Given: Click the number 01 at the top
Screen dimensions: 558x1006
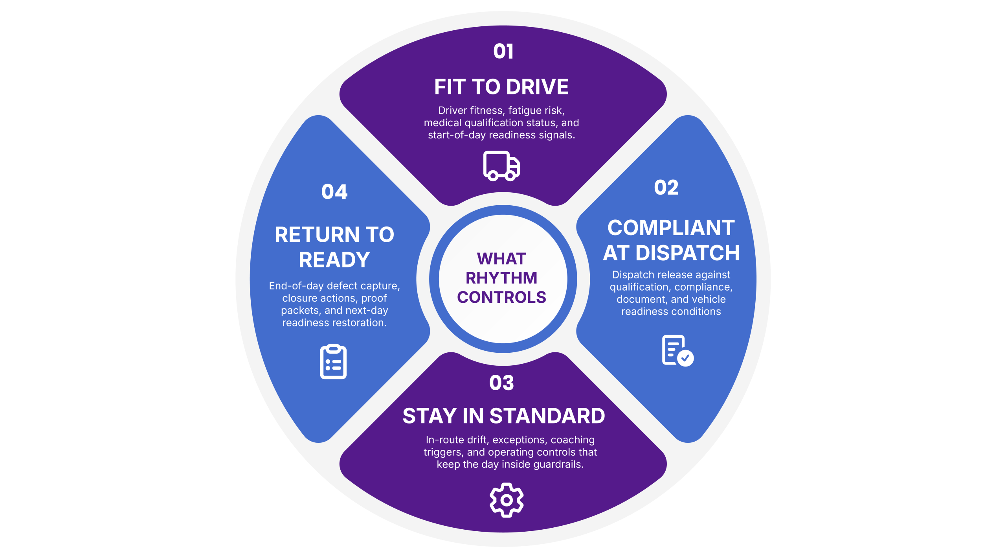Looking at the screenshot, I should coord(503,52).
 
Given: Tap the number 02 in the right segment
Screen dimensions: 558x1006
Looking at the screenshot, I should coord(666,188).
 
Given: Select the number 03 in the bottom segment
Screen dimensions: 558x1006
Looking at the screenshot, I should coord(501,383).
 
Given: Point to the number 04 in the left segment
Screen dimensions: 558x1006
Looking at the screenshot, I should coord(334,192).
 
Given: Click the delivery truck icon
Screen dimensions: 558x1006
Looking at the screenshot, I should coord(501,166).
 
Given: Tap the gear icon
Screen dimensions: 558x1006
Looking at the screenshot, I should coord(507,500).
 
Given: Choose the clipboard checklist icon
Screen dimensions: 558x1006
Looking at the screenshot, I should coord(333,361).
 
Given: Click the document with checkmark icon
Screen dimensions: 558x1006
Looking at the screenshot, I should coord(677,350).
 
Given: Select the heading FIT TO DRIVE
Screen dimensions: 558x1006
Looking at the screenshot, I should coord(501,87).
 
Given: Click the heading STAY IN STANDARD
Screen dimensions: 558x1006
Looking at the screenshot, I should coord(504,416).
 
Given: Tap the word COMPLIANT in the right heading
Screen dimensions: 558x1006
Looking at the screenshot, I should coord(671,228).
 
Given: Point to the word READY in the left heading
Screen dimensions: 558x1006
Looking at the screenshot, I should coord(334,260).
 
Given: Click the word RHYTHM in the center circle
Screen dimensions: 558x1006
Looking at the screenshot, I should coord(501,278).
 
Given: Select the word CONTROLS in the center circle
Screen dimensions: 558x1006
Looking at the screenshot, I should coord(501,297).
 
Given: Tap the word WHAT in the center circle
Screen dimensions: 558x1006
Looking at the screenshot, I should coord(501,259).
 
